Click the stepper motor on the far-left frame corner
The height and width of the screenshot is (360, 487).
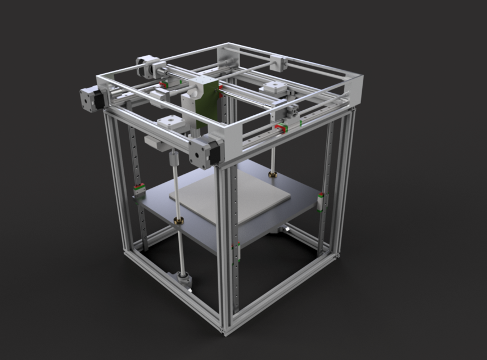(x=91, y=99)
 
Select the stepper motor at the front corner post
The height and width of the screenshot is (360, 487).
(x=203, y=150)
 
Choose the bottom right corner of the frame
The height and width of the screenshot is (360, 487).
(x=337, y=255)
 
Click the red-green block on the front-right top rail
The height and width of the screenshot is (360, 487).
(x=282, y=128)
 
